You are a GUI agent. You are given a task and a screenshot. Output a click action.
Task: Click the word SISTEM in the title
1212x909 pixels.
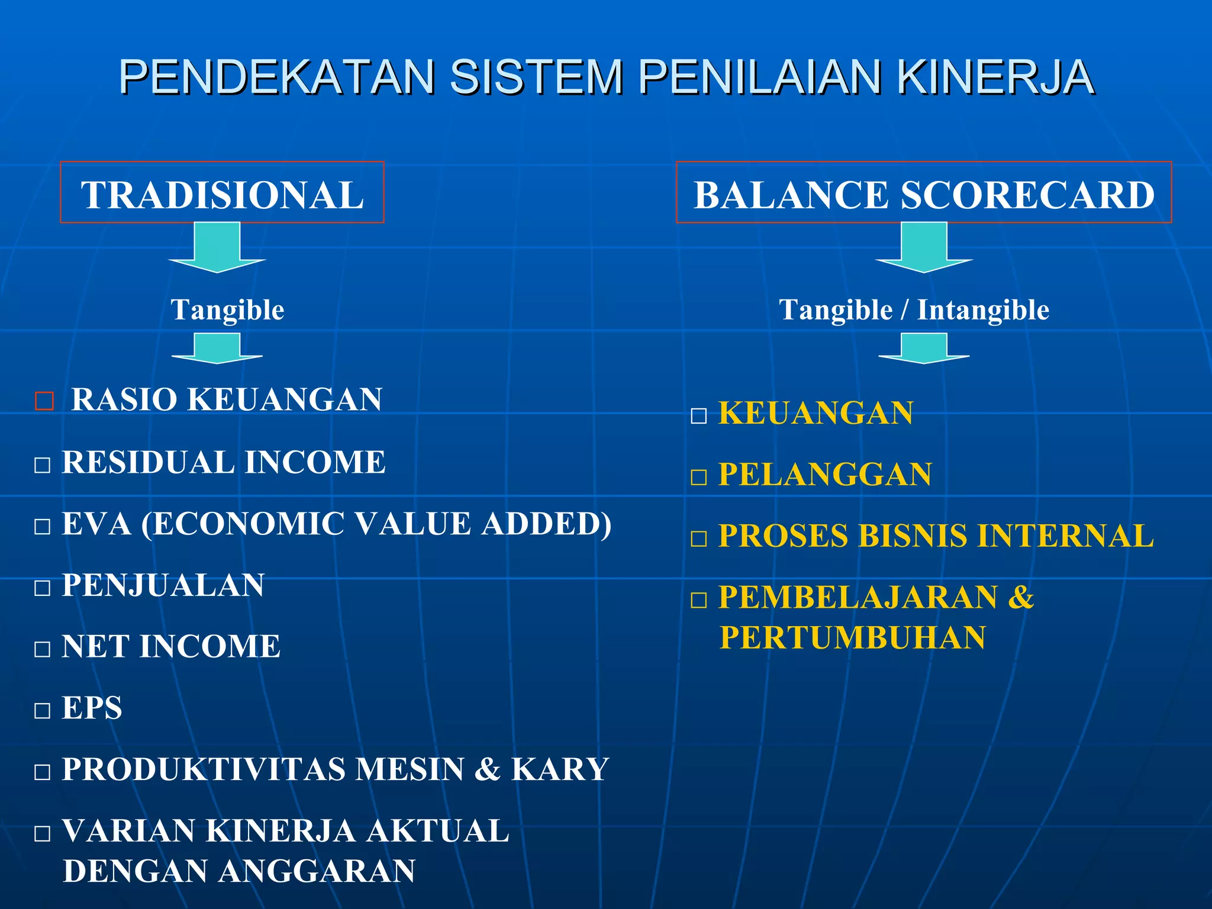click(536, 77)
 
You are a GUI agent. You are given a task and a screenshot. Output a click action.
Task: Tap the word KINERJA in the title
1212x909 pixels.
click(994, 77)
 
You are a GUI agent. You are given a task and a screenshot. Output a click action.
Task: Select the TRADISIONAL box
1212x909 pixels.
click(222, 192)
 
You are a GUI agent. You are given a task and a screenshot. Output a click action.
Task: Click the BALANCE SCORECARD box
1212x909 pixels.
click(924, 192)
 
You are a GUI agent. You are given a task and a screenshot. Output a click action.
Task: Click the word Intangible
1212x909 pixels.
click(983, 310)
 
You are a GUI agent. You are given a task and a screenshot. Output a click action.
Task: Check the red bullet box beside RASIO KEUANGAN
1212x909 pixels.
click(44, 401)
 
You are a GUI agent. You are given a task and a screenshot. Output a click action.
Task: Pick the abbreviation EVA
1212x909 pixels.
click(96, 524)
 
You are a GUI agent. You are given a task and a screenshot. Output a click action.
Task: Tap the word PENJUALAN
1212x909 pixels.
click(163, 585)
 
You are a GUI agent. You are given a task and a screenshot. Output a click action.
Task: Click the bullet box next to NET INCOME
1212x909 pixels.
click(43, 649)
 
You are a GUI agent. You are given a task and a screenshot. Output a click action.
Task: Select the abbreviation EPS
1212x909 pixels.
click(92, 708)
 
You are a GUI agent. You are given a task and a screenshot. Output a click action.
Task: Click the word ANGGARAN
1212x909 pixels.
click(317, 871)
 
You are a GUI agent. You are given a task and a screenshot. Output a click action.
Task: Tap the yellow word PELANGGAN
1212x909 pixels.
click(825, 475)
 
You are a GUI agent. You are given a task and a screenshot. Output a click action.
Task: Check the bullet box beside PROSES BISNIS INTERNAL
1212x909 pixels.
click(699, 539)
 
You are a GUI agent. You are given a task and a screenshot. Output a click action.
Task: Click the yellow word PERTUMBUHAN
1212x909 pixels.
click(853, 638)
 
